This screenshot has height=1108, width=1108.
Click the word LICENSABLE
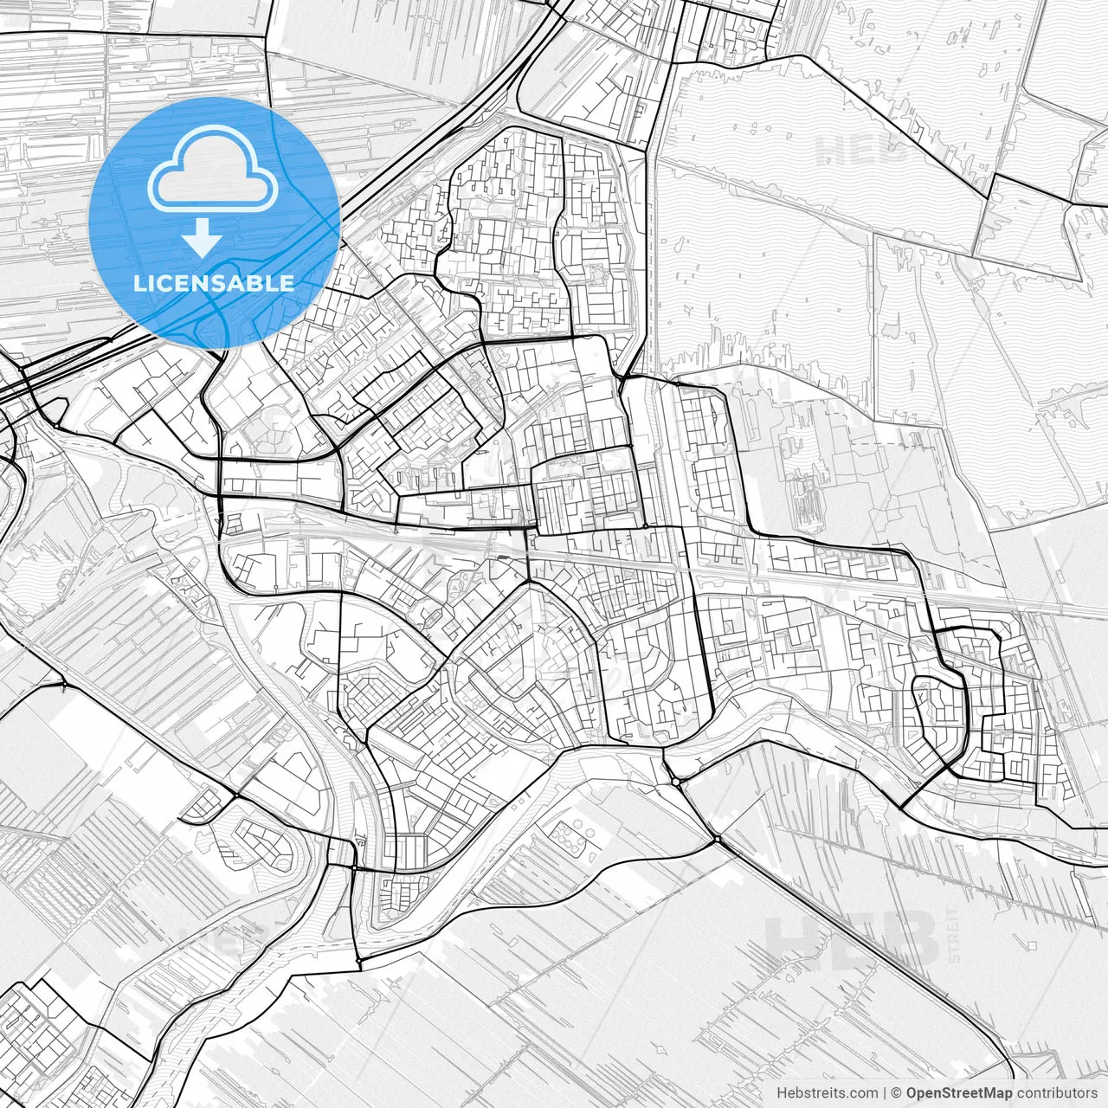[214, 283]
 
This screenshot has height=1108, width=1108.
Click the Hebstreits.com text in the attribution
[824, 1093]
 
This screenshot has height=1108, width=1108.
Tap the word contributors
[1057, 1093]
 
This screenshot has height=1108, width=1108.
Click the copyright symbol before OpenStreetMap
[897, 1093]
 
